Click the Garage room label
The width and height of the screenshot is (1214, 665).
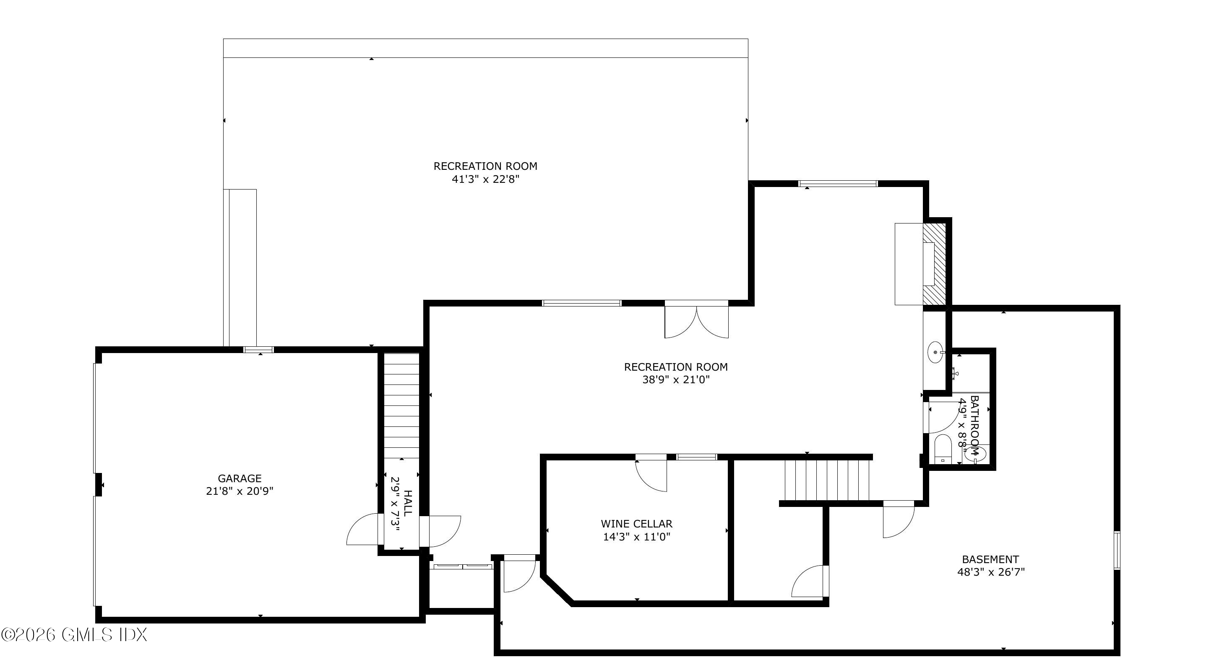pyautogui.click(x=240, y=478)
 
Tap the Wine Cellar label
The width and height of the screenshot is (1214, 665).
pyautogui.click(x=636, y=524)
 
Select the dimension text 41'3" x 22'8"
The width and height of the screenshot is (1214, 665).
pyautogui.click(x=485, y=179)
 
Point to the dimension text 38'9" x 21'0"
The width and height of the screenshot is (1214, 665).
pyautogui.click(x=676, y=379)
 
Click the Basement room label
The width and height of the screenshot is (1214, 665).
pyautogui.click(x=990, y=559)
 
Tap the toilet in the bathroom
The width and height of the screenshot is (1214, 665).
pyautogui.click(x=943, y=449)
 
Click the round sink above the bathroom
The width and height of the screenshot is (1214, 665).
pyautogui.click(x=935, y=352)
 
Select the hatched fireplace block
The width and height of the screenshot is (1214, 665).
pyautogui.click(x=934, y=264)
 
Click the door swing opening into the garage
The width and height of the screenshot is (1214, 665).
pyautogui.click(x=362, y=530)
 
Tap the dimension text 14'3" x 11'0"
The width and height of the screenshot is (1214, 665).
pyautogui.click(x=637, y=536)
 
